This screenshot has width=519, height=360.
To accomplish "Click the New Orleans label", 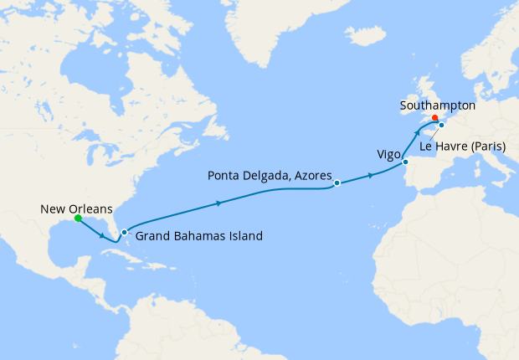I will pyautogui.click(x=75, y=209).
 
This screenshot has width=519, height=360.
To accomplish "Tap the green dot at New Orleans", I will pyautogui.click(x=78, y=219).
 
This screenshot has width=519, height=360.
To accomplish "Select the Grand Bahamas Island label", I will pyautogui.click(x=199, y=236).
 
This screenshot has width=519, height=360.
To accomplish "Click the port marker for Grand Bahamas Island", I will pyautogui.click(x=124, y=232).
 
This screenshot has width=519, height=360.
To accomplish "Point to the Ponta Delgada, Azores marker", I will pyautogui.click(x=337, y=183).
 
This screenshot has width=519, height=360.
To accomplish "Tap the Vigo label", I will pyautogui.click(x=388, y=155).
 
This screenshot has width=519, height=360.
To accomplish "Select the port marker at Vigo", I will pyautogui.click(x=406, y=162).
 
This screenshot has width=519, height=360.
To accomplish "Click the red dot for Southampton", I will pyautogui.click(x=435, y=118).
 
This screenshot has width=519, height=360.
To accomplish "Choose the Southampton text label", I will pyautogui.click(x=438, y=106).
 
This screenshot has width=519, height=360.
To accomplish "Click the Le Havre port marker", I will pyautogui.click(x=441, y=126).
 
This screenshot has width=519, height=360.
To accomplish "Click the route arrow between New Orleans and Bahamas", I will pyautogui.click(x=103, y=235).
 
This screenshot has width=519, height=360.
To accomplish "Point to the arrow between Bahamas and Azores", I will pyautogui.click(x=219, y=203).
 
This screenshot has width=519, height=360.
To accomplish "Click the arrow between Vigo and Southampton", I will pyautogui.click(x=417, y=134).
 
